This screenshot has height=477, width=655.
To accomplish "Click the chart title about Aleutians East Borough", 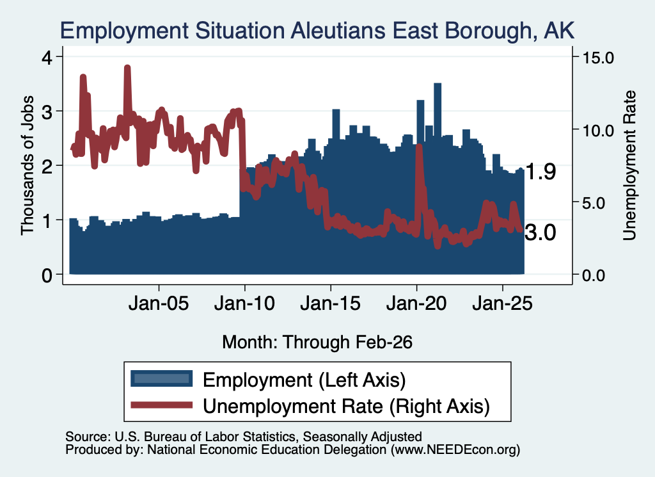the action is click(317, 31).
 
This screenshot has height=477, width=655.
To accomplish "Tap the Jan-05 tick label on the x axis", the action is click(159, 303).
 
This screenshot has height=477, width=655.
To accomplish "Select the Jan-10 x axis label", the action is click(245, 303).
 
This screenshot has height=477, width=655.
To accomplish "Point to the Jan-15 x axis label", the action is click(331, 303).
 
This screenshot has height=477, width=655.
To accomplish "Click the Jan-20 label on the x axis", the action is click(416, 303).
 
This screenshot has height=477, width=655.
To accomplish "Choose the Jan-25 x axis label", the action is click(503, 303).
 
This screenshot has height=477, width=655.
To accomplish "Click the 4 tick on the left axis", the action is click(47, 57).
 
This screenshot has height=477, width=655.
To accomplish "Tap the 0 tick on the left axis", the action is click(47, 275).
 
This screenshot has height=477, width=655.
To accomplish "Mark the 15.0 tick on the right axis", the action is click(598, 58).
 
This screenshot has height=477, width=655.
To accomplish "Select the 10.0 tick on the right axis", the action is click(598, 131).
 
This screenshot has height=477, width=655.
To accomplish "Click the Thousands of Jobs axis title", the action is click(27, 165).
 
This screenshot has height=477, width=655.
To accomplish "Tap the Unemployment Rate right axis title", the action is click(629, 166).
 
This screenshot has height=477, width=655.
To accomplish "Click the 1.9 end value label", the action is click(541, 172).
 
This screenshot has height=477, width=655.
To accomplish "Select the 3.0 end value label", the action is click(541, 232).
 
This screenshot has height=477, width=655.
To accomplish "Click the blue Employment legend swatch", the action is click(162, 379).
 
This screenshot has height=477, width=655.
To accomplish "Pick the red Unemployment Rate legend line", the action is click(162, 405).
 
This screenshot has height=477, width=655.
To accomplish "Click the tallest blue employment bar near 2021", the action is click(438, 179).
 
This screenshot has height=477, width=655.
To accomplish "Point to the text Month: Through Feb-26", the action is click(317, 342).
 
